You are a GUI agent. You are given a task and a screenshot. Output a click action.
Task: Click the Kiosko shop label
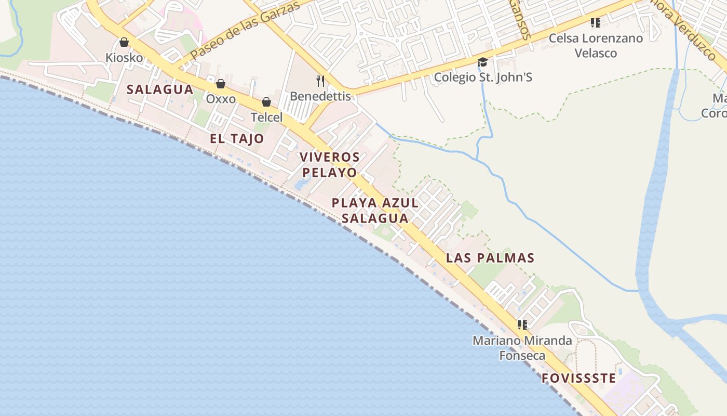[124, 57]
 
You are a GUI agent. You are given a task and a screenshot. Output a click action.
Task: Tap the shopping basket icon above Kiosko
[124, 42]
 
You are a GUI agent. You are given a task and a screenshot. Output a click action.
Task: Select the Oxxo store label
[221, 99]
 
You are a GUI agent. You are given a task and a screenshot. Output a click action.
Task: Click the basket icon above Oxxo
[221, 84]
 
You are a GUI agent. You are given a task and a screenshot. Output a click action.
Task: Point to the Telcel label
[266, 118]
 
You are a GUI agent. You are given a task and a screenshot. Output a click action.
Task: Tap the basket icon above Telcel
[266, 102]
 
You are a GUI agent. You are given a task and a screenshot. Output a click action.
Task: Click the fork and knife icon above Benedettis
[320, 81]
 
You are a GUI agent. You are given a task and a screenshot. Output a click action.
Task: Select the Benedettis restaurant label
[320, 96]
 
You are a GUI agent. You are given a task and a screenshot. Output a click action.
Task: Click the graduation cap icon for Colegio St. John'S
[483, 62]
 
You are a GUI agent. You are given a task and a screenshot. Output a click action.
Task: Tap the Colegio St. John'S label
[483, 77]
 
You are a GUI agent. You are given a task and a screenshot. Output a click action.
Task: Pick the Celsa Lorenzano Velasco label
[596, 46]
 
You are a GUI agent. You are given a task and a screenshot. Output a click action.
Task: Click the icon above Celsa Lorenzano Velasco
[596, 23]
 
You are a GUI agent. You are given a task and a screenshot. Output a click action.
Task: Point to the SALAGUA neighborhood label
[160, 89]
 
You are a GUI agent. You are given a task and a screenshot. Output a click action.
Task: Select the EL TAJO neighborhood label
[237, 139]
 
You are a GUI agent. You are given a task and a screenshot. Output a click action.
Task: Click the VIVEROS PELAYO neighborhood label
[330, 165]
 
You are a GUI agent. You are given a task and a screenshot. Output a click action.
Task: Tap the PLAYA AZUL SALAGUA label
[375, 211]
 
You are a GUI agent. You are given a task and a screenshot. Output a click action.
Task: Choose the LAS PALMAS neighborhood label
[490, 258]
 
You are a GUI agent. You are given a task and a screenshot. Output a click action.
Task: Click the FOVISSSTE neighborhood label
[578, 379]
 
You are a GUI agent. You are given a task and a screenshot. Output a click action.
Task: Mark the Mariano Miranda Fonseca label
[522, 348]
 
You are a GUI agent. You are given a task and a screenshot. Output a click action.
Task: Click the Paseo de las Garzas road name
[245, 30]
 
